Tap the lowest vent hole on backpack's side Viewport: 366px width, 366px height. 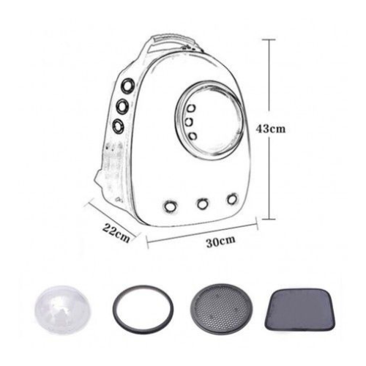click(x=119, y=124)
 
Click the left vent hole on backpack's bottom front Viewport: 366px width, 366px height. click(x=170, y=206)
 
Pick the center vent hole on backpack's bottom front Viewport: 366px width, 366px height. click(x=203, y=203)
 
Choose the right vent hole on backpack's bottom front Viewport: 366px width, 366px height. click(x=232, y=198)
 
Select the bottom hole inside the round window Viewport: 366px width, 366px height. click(x=192, y=136)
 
